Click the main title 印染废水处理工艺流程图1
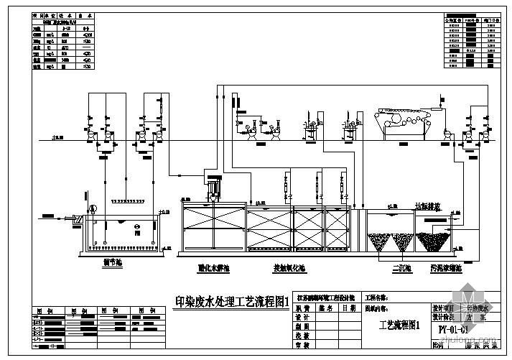[x=231, y=300]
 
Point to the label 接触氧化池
[x=309, y=267]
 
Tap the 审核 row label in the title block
[x=302, y=346]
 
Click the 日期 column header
[x=349, y=307]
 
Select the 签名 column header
[x=327, y=307]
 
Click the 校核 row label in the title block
[x=302, y=335]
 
